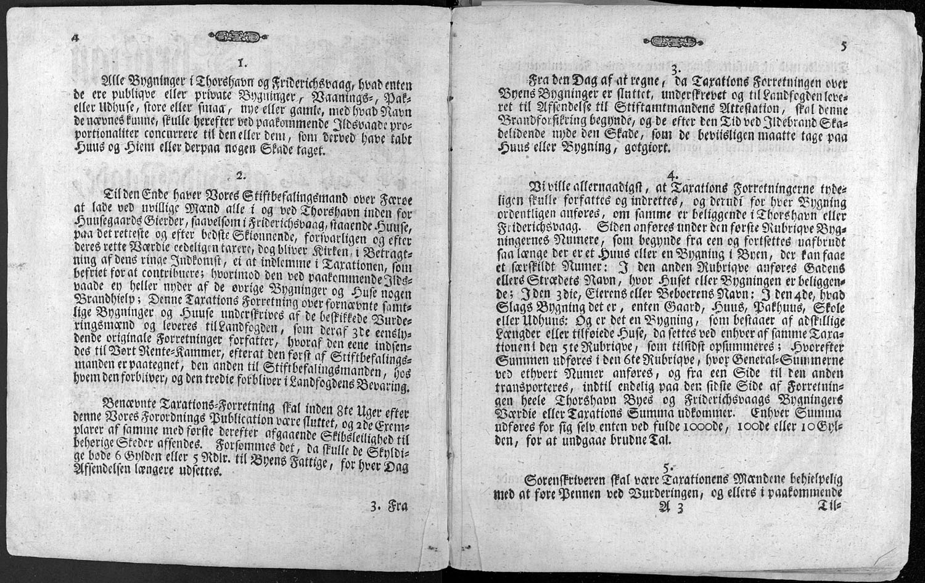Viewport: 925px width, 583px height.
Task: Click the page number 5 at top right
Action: click(x=844, y=46)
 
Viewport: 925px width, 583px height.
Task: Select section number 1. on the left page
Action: click(x=242, y=62)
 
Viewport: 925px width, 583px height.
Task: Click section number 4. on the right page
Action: click(x=674, y=174)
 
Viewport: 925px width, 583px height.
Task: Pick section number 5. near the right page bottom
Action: click(x=667, y=465)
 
